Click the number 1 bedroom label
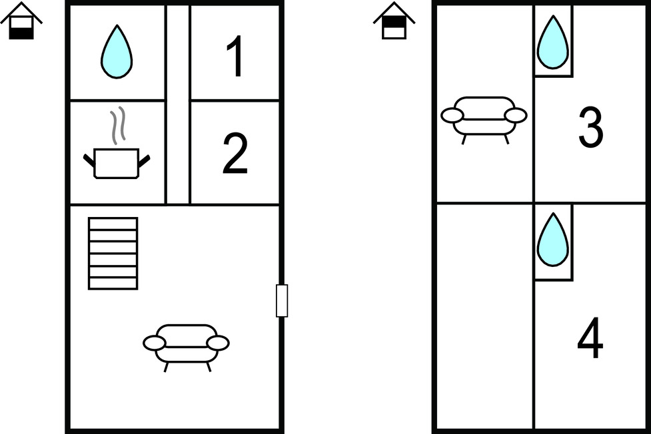[x=235, y=57]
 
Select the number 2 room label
[x=235, y=154]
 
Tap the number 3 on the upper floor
[x=590, y=127]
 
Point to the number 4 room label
[x=590, y=337]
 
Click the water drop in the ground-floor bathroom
[x=117, y=52]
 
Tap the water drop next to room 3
[x=552, y=43]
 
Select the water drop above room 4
[x=552, y=240]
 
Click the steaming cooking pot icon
[x=117, y=162]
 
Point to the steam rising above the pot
[x=117, y=125]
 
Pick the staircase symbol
[x=113, y=254]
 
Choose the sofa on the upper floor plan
[x=484, y=120]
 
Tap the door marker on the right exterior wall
[x=282, y=301]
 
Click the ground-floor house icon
[x=21, y=21]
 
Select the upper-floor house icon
[x=394, y=21]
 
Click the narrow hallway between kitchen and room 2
[x=178, y=104]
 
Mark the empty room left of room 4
[x=484, y=316]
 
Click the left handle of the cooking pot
[x=89, y=161]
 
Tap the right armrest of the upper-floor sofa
[x=516, y=115]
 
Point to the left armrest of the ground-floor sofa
[x=155, y=343]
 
